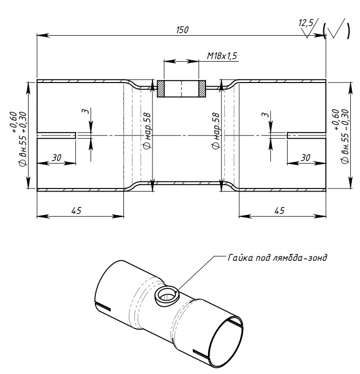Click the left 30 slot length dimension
pyautogui.click(x=56, y=158)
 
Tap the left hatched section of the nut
pyautogui.click(x=161, y=89)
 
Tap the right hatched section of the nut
pyautogui.click(x=202, y=89)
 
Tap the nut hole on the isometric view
pyautogui.click(x=167, y=295)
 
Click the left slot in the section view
pyautogui.click(x=56, y=135)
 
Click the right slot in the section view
pyautogui.click(x=306, y=135)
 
